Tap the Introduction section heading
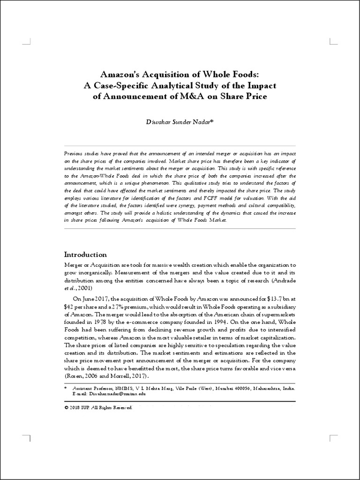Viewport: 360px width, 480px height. pos(85,255)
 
